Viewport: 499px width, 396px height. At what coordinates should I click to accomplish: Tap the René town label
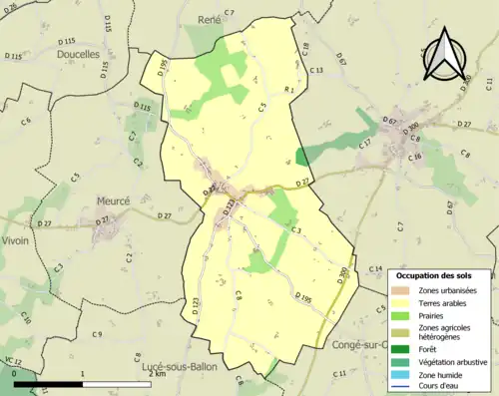(x=209, y=19)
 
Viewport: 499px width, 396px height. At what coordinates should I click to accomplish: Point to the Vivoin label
(x=16, y=240)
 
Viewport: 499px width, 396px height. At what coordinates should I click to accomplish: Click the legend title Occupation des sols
(x=439, y=274)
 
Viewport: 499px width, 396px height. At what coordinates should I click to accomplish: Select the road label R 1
(x=289, y=91)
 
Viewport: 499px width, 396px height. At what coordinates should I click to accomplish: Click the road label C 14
(x=375, y=269)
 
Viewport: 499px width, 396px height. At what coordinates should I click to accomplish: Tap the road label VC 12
(x=11, y=360)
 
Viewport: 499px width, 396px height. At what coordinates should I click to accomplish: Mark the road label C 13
(x=316, y=70)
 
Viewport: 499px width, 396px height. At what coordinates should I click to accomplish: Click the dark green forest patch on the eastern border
(x=302, y=157)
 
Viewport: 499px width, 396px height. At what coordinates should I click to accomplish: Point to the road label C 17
(x=365, y=143)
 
